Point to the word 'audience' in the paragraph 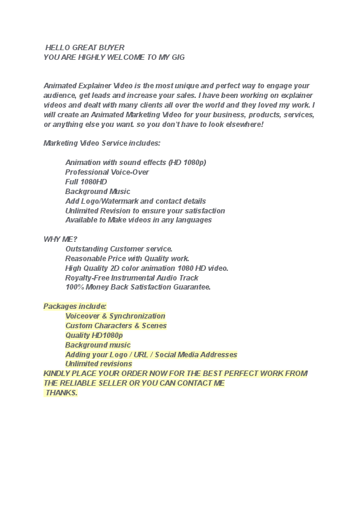59,96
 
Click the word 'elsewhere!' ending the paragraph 244,124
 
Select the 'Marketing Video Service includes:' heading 102,143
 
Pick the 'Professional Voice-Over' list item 107,172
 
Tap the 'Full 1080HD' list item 86,182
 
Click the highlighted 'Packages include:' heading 75,306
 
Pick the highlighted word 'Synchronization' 137,316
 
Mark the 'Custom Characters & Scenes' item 116,326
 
